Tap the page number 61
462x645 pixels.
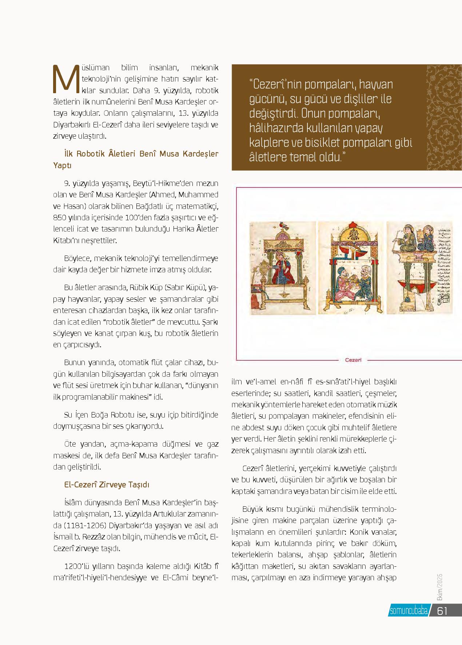click(x=442, y=611)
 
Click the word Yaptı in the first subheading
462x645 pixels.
click(x=62, y=165)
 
